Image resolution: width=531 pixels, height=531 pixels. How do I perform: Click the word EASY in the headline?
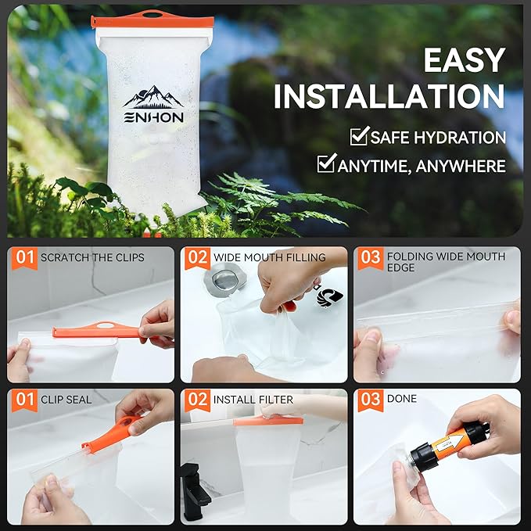coord(464,61)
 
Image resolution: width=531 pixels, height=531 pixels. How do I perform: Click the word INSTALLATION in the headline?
coord(389,96)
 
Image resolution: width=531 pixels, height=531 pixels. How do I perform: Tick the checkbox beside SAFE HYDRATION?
coord(359,137)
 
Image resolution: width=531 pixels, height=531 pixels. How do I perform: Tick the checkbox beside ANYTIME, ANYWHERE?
coord(326,164)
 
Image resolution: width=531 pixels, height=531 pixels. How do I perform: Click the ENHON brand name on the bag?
coord(153,117)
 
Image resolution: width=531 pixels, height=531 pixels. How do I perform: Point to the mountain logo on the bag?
coord(153,97)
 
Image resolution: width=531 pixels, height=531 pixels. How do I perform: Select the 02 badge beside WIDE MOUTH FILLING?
coord(198,257)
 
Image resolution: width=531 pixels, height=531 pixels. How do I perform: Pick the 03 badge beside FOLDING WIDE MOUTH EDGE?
coord(370,257)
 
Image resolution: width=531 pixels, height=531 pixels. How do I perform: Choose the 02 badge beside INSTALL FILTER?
coord(198,400)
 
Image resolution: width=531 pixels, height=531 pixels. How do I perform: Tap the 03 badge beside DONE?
coord(370,400)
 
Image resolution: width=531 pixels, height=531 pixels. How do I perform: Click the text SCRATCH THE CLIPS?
coord(92,257)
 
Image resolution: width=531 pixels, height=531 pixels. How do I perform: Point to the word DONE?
coord(402,399)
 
